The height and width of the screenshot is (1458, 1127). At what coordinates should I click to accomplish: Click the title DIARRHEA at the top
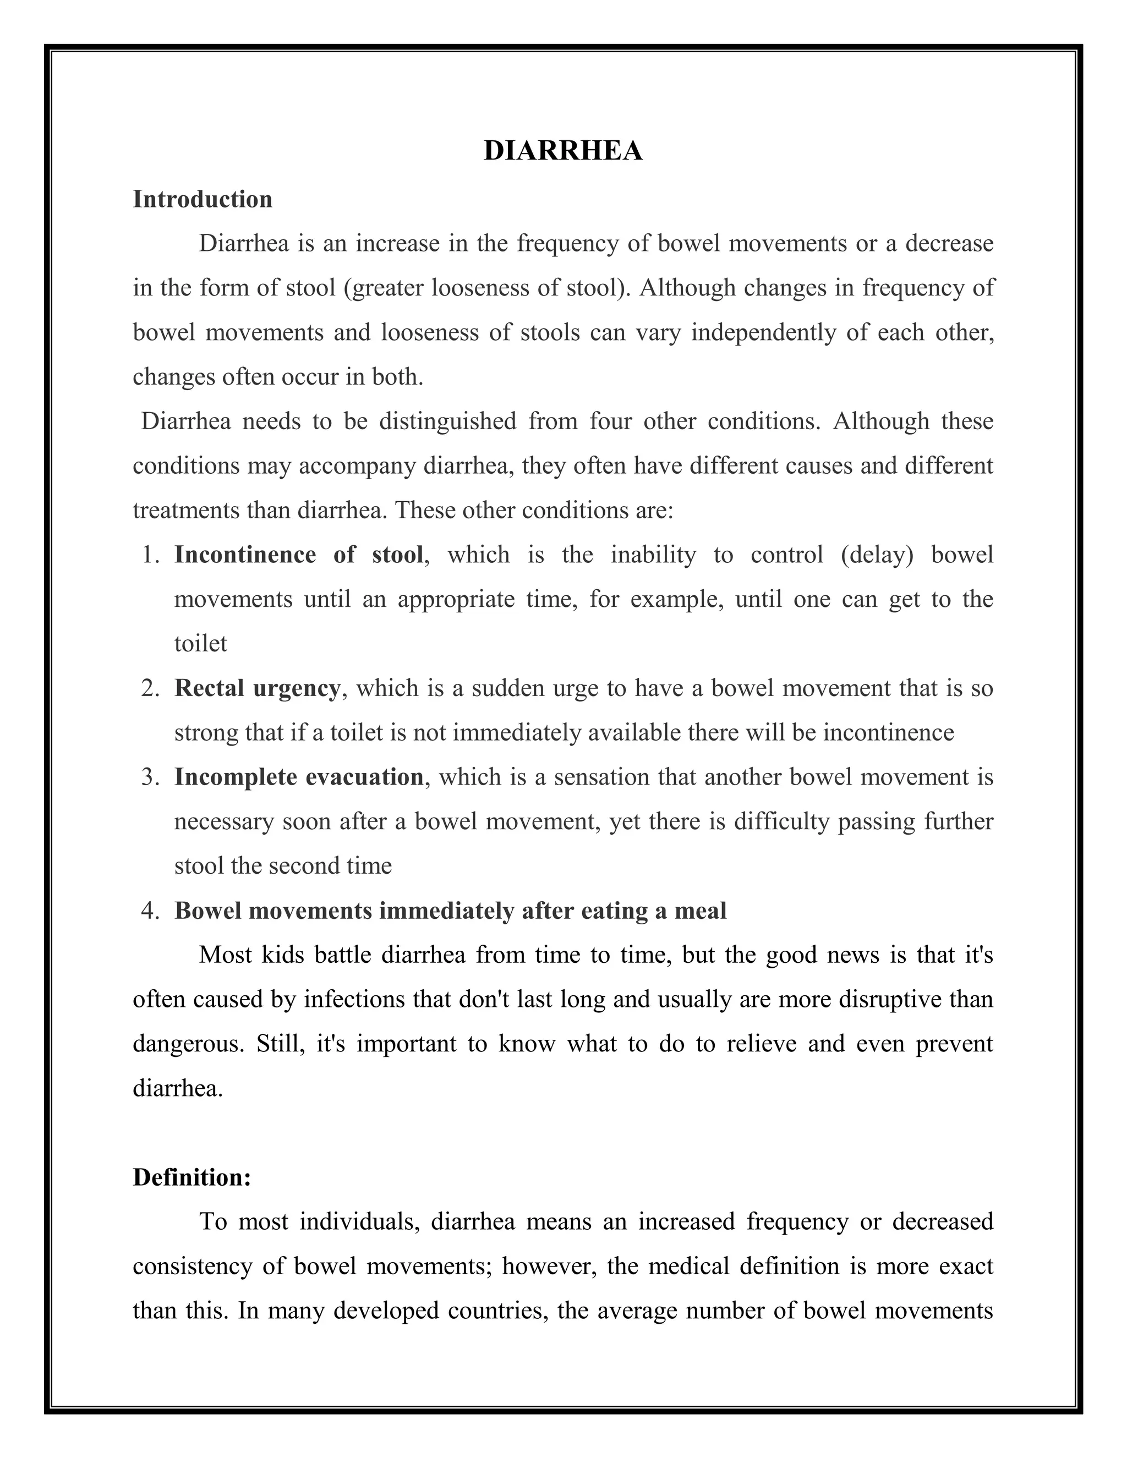coord(563,151)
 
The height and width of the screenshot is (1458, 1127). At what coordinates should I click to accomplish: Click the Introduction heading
coord(203,200)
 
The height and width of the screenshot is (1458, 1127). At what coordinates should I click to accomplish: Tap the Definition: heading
coord(192,1177)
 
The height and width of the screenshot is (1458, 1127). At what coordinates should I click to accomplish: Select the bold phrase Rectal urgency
coord(257,688)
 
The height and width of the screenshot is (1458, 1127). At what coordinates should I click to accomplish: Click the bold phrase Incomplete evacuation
coord(298,777)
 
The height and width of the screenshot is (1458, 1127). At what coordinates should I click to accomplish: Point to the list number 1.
coord(150,555)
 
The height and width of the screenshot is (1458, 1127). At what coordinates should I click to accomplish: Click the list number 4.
coord(150,911)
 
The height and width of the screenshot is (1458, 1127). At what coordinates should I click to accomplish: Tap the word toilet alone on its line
coord(200,644)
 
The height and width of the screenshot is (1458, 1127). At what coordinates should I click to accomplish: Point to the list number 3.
coord(150,777)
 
